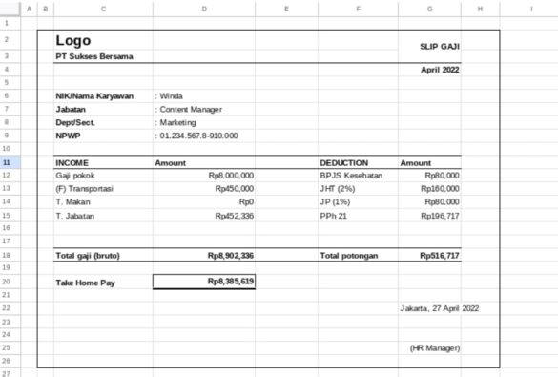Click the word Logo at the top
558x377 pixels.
point(73,40)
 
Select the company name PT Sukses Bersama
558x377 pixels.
point(94,57)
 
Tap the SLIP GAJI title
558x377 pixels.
point(440,46)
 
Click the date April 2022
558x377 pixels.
point(441,71)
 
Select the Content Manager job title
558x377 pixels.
point(190,109)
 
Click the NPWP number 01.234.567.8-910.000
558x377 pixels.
point(197,136)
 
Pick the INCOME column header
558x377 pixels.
point(72,163)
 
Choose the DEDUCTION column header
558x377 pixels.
point(344,163)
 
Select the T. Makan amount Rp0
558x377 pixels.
point(246,202)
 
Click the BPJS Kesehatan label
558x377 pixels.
point(351,176)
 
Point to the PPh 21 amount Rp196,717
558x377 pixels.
point(440,216)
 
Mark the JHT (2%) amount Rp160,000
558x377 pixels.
point(440,189)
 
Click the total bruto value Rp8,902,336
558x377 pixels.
point(231,256)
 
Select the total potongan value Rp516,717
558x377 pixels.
point(439,256)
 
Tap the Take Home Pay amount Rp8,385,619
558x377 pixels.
point(231,282)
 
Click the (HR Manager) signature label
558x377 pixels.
point(434,347)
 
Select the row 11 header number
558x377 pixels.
point(7,163)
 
